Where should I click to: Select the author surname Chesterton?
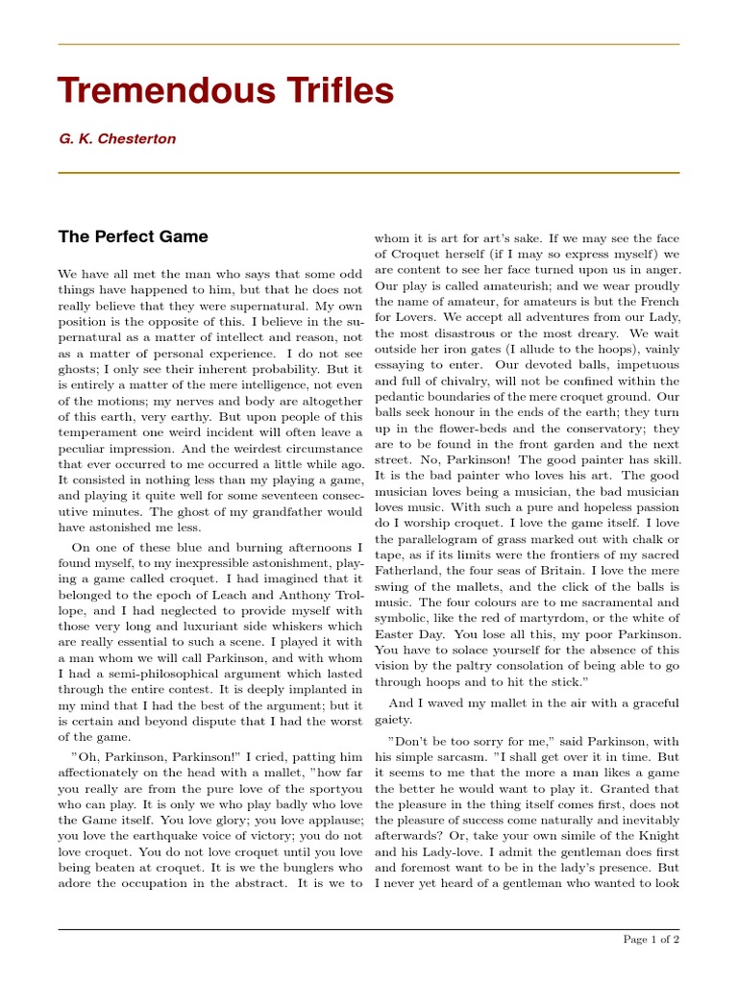[x=140, y=139]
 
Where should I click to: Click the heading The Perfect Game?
[x=133, y=236]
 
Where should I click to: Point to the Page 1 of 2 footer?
[x=652, y=939]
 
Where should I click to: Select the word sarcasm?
[x=444, y=757]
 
